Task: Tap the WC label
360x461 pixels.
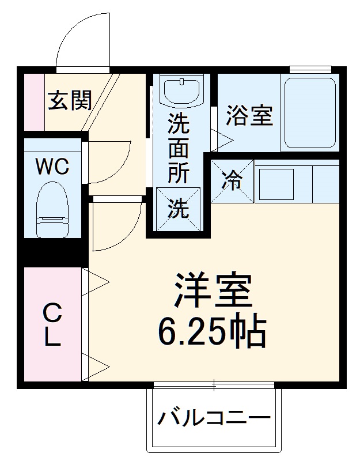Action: point(52,167)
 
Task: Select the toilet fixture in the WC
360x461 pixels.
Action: point(52,210)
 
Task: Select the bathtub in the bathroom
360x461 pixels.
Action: point(310,113)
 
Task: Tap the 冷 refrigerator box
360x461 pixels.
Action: point(232,181)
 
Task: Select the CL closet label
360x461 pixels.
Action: point(52,326)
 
